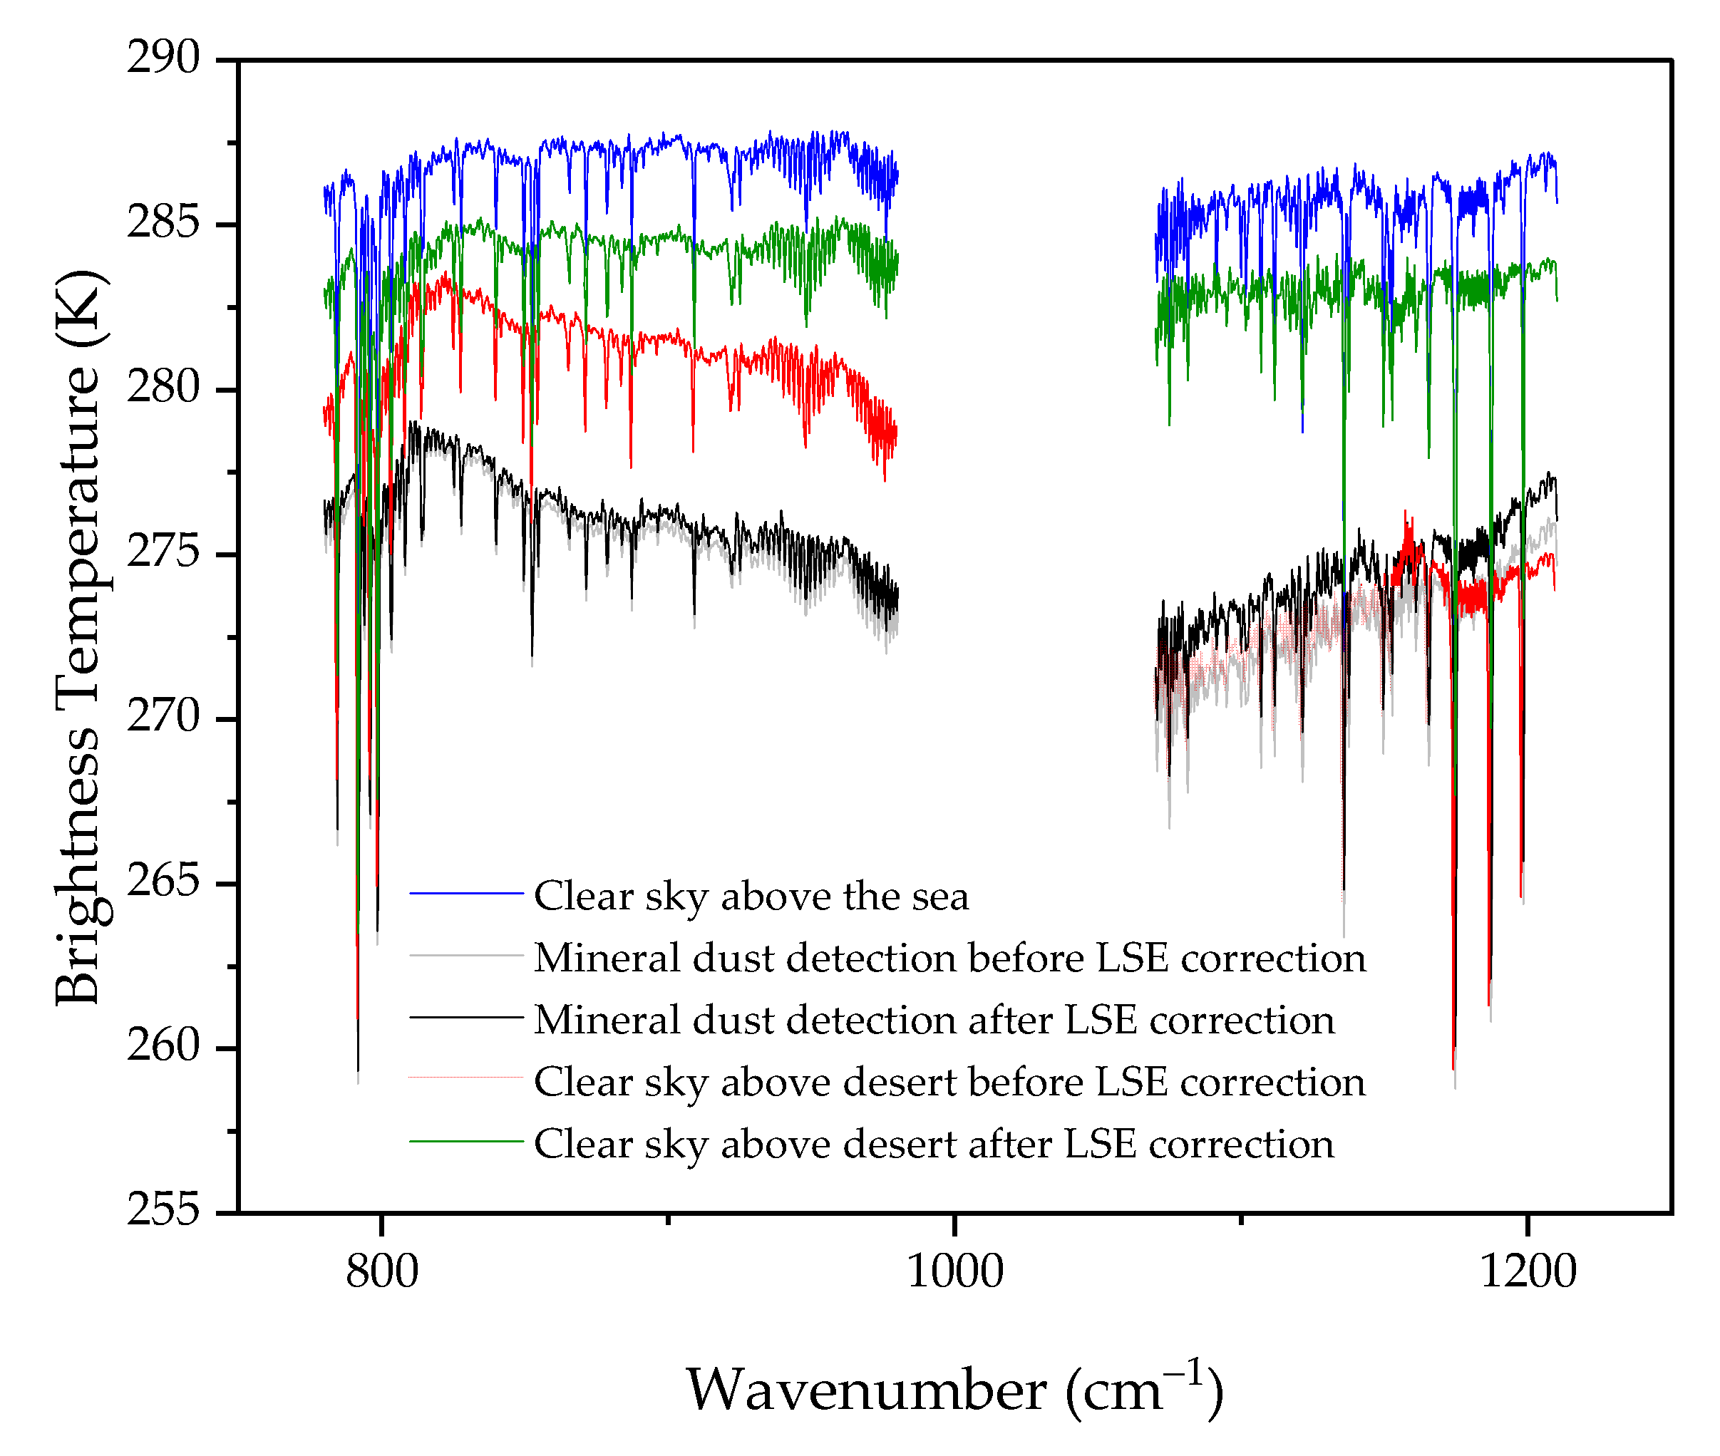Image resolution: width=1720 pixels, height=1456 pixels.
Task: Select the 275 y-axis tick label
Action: point(163,552)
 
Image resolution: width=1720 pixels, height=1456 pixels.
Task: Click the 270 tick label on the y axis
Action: point(163,716)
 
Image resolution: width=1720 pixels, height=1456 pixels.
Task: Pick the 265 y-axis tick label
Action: point(163,882)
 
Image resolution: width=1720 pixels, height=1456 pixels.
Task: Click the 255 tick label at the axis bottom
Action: point(163,1210)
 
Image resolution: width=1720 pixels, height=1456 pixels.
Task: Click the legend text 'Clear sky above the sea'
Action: point(751,897)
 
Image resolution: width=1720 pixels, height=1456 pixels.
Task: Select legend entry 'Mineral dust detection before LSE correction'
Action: point(950,959)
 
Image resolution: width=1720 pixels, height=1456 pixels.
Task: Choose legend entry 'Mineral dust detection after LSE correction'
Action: point(934,1020)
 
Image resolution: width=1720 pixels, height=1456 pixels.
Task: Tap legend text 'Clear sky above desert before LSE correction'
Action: point(950,1082)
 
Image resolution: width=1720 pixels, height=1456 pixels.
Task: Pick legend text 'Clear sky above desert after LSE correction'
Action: point(934,1144)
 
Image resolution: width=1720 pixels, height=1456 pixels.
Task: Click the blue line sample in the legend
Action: point(466,893)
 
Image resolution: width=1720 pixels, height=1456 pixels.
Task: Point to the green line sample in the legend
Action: point(466,1141)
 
